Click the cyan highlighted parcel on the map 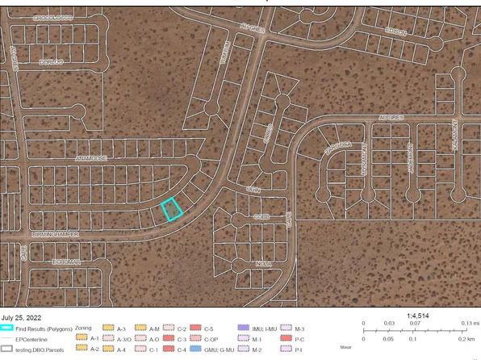pyautogui.click(x=170, y=209)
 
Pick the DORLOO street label pyautogui.click(x=50, y=61)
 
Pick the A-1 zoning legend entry pyautogui.click(x=94, y=339)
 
